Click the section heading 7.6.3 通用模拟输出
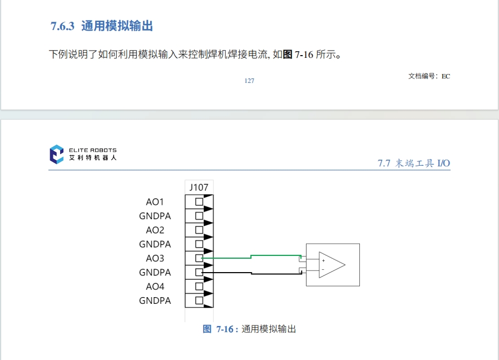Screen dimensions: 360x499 coord(102,26)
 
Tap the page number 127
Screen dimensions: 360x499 coord(249,81)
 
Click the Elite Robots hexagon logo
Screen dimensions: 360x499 coord(57,154)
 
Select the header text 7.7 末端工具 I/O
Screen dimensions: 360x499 coord(413,163)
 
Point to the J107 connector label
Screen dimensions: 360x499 coord(199,188)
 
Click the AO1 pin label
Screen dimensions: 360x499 coord(155,201)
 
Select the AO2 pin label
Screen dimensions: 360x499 coord(155,230)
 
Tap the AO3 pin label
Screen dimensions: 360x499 coord(155,258)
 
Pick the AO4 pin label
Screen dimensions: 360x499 coord(155,287)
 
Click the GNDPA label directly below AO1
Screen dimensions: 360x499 coord(155,216)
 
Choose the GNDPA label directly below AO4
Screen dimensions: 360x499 coord(155,301)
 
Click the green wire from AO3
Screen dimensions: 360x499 coord(250,257)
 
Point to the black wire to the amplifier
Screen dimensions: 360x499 coord(250,273)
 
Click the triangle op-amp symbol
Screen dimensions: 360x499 coord(332,265)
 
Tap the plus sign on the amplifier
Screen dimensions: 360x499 coord(323,260)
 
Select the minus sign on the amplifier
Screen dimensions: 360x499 coord(323,269)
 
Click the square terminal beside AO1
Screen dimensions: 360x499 coord(199,201)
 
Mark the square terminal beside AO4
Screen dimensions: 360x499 coord(199,287)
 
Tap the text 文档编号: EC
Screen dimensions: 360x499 coord(429,76)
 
